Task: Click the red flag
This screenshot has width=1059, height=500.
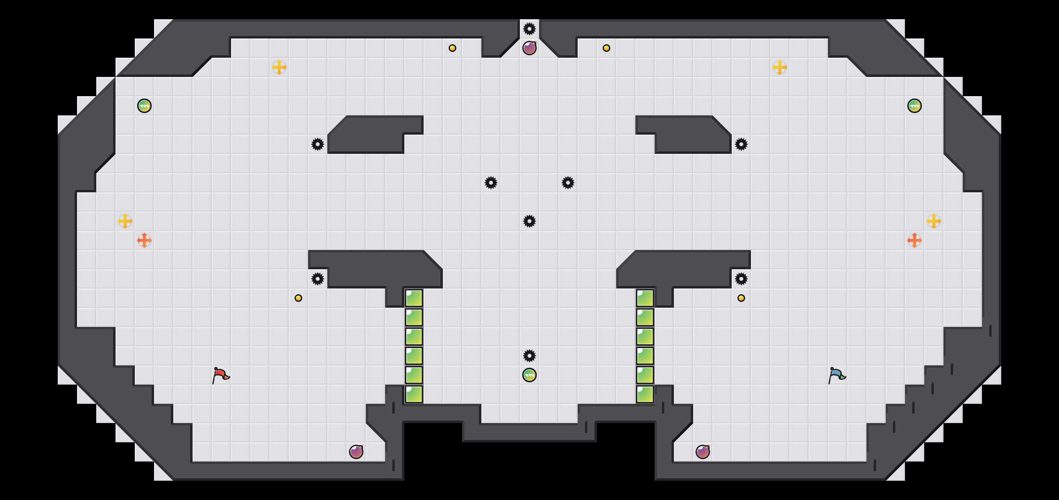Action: (220, 375)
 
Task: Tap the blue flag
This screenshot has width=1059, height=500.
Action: (837, 375)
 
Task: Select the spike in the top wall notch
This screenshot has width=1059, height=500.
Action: (529, 29)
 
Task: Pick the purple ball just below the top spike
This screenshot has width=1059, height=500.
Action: (529, 48)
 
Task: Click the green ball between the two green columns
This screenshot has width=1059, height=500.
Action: (529, 375)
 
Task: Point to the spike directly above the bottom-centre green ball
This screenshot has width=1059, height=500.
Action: (529, 356)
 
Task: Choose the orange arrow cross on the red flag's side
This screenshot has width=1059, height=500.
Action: (144, 240)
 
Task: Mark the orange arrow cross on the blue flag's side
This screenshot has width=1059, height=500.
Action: (915, 240)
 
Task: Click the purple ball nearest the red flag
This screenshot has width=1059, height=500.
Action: (356, 452)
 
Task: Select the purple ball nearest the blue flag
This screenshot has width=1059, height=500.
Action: (703, 452)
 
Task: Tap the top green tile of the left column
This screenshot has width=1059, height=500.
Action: (414, 298)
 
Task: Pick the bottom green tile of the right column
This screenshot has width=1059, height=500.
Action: (645, 394)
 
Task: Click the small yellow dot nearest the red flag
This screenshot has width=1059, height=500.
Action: (298, 298)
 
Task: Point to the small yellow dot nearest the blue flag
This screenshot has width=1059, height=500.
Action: (741, 298)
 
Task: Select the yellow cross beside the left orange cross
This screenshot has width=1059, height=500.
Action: (125, 221)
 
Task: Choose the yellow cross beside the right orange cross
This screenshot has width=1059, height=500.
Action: (934, 221)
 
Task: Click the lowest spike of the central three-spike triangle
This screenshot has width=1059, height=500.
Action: (529, 221)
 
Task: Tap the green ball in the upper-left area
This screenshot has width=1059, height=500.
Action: (144, 106)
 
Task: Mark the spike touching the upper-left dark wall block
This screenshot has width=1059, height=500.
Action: (318, 144)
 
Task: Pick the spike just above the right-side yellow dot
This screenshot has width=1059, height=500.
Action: (741, 279)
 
